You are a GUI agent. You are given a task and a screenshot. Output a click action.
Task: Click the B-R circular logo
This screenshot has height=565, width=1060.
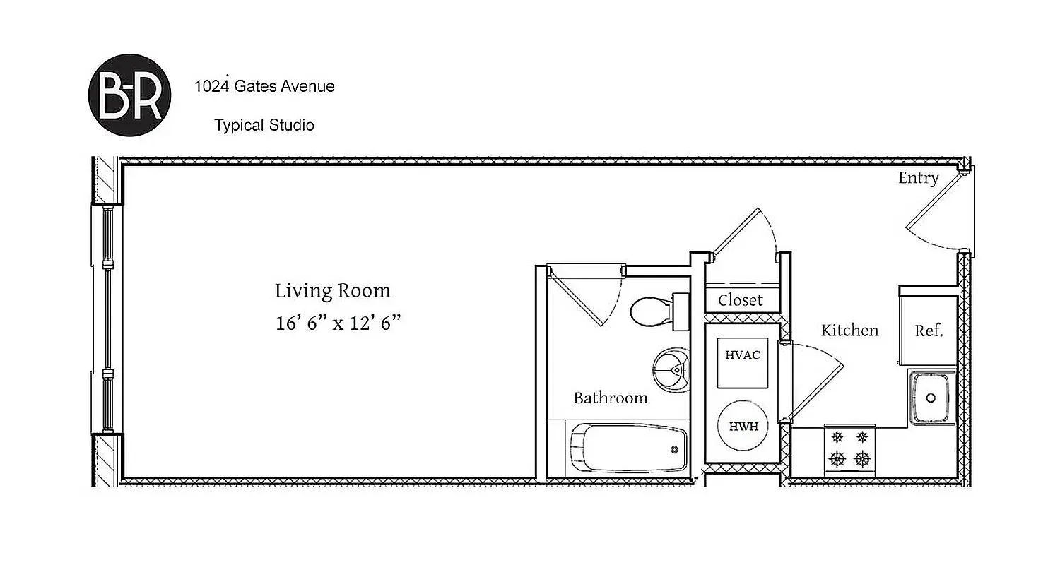[x=129, y=95]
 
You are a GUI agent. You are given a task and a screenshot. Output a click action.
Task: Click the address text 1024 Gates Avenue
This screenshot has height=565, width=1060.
[x=264, y=86]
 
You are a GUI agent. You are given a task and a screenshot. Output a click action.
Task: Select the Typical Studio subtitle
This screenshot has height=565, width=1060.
[x=264, y=126]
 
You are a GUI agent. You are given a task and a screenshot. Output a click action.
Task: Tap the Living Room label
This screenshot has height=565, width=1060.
[x=332, y=291]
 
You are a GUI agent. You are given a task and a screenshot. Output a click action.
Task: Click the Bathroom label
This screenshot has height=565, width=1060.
[x=610, y=398]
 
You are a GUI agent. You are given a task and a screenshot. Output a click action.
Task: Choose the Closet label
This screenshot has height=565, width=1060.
[x=741, y=300]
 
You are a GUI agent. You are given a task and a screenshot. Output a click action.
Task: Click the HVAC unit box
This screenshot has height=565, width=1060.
[x=742, y=363]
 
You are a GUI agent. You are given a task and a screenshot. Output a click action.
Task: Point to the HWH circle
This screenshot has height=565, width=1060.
[x=743, y=427]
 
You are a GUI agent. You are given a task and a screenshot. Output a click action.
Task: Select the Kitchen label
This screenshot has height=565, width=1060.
[x=849, y=331]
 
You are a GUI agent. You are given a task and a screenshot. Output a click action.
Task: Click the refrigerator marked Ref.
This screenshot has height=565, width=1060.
[x=929, y=331]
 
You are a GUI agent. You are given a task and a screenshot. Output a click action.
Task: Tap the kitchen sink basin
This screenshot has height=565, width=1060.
[x=932, y=397]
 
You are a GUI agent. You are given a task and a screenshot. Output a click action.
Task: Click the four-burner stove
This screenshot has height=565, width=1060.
[x=849, y=449]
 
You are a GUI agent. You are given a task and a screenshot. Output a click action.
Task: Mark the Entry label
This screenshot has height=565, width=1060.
[x=918, y=178]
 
